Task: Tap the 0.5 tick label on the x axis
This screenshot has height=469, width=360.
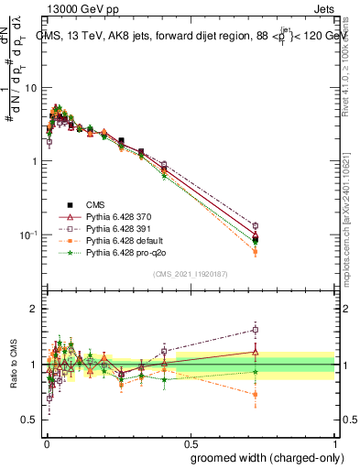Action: coord(190,441)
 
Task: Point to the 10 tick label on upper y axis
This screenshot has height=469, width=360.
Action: coord(32,88)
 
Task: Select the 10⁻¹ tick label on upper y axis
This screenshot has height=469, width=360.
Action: coord(30,235)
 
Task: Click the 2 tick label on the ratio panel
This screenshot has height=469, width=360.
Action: coord(36,310)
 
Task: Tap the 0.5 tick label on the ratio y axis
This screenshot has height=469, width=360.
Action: coord(32,420)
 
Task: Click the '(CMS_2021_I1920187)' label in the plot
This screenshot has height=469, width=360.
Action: coord(190,275)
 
